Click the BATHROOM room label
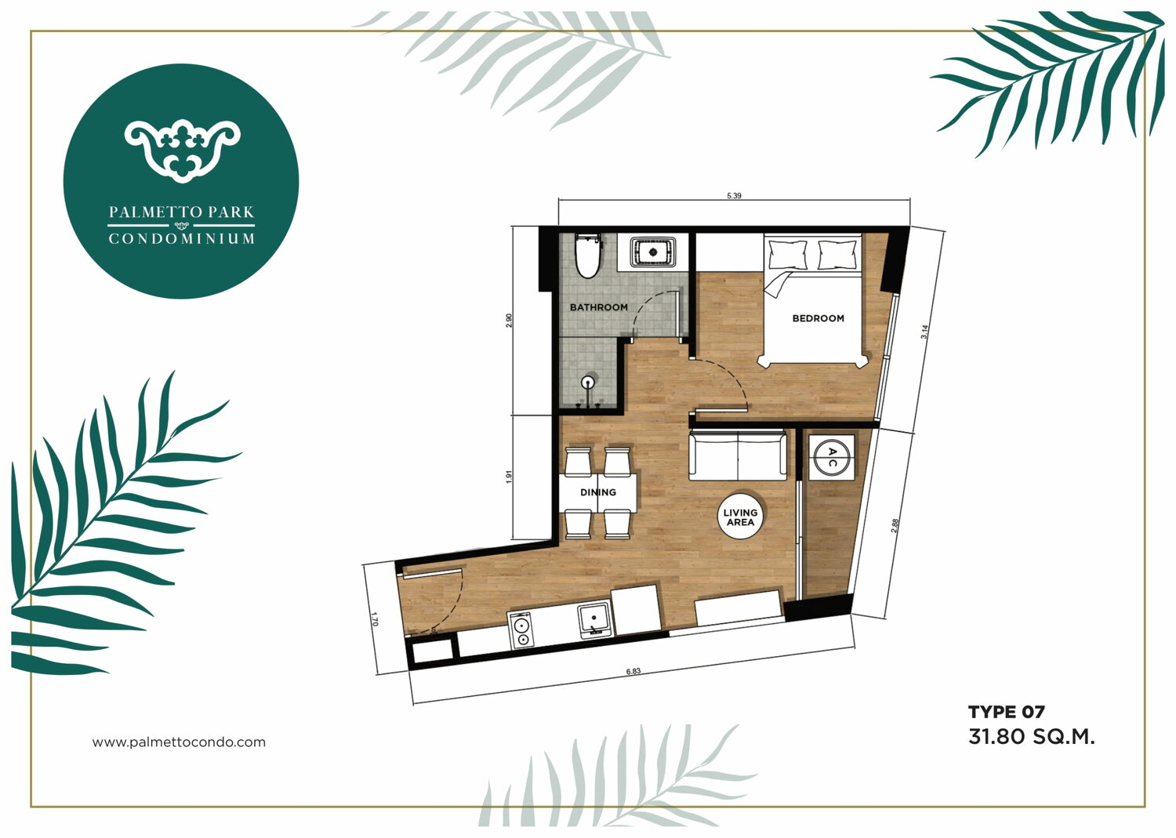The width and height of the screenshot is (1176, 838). point(598,307)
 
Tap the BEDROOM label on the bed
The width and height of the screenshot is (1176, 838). point(818,318)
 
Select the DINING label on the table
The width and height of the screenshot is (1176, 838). point(598,492)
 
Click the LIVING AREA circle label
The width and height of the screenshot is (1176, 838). point(740,517)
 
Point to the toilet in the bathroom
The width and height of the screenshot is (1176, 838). point(587,256)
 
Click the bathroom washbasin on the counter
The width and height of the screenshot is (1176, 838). point(653,252)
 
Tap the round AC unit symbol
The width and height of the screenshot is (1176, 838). point(831,456)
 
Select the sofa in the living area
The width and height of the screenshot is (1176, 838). point(738,455)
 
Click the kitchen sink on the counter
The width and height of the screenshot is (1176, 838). point(594,620)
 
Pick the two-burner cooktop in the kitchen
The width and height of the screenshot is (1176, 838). point(521,630)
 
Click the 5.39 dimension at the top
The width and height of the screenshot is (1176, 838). point(734,196)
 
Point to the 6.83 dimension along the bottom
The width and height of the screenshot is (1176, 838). point(633,671)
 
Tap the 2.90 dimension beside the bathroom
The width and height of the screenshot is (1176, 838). point(509,321)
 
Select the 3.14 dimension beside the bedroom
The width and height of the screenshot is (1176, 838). point(924,332)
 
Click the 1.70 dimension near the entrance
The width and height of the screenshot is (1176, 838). point(374,619)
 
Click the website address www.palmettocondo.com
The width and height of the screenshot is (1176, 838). point(179,742)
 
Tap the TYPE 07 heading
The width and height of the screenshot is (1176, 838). point(1007,712)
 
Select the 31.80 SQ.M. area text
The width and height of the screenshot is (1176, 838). point(1032,737)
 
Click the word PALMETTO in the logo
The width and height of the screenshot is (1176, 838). point(155,212)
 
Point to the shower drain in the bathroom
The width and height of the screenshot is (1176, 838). point(590,382)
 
